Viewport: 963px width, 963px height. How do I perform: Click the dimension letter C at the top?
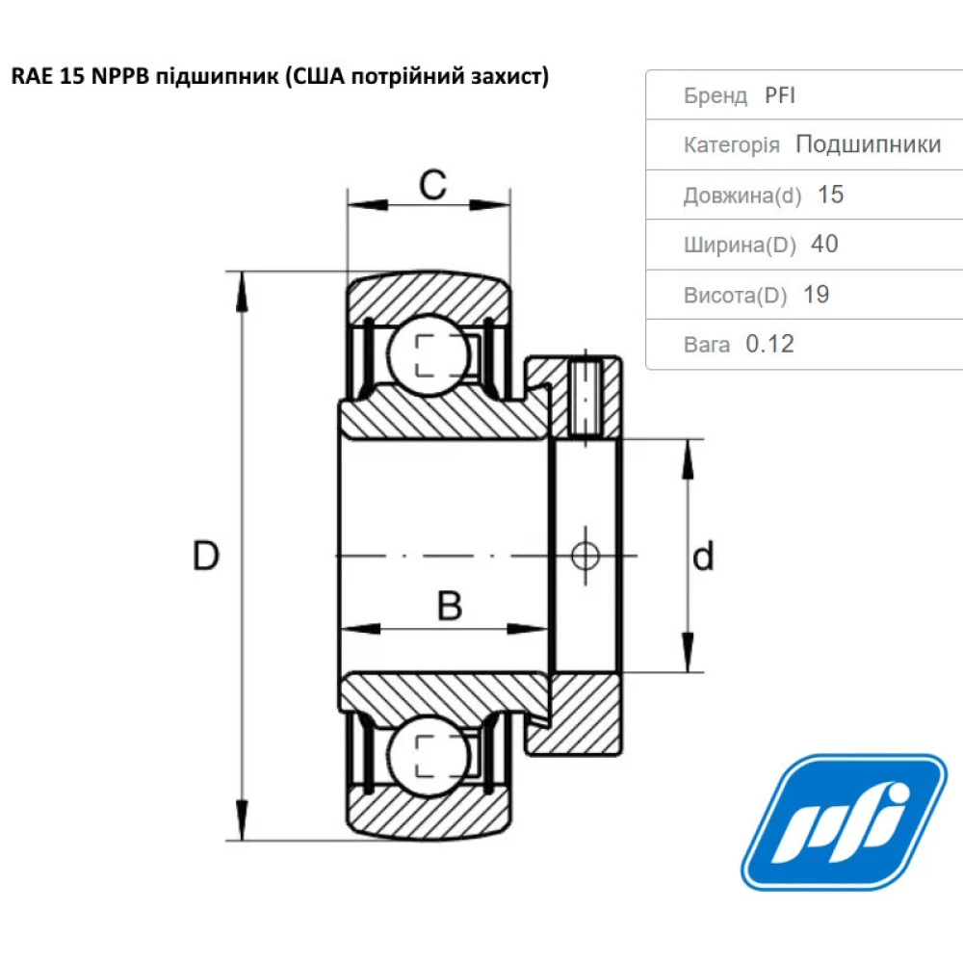pyautogui.click(x=433, y=184)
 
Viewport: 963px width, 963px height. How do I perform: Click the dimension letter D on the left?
pyautogui.click(x=205, y=557)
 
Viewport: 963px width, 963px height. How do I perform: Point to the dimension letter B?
pyautogui.click(x=450, y=607)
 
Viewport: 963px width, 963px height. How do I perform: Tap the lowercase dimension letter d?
pyautogui.click(x=704, y=557)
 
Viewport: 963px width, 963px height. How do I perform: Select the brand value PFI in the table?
pyautogui.click(x=780, y=95)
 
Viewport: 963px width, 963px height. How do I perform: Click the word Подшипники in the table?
pyautogui.click(x=868, y=144)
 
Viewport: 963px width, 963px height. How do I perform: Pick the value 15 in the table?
pyautogui.click(x=830, y=195)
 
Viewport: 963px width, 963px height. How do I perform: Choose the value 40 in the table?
pyautogui.click(x=824, y=245)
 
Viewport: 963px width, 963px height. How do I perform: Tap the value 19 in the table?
pyautogui.click(x=816, y=295)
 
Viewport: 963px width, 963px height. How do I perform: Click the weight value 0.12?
pyautogui.click(x=770, y=344)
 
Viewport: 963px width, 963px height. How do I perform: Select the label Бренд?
pyautogui.click(x=716, y=95)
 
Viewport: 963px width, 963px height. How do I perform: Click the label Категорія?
pyautogui.click(x=732, y=145)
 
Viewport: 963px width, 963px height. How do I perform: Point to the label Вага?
pyautogui.click(x=707, y=345)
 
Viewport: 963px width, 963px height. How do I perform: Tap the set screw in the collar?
pyautogui.click(x=586, y=397)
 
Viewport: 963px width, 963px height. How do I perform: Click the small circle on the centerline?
pyautogui.click(x=585, y=556)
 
